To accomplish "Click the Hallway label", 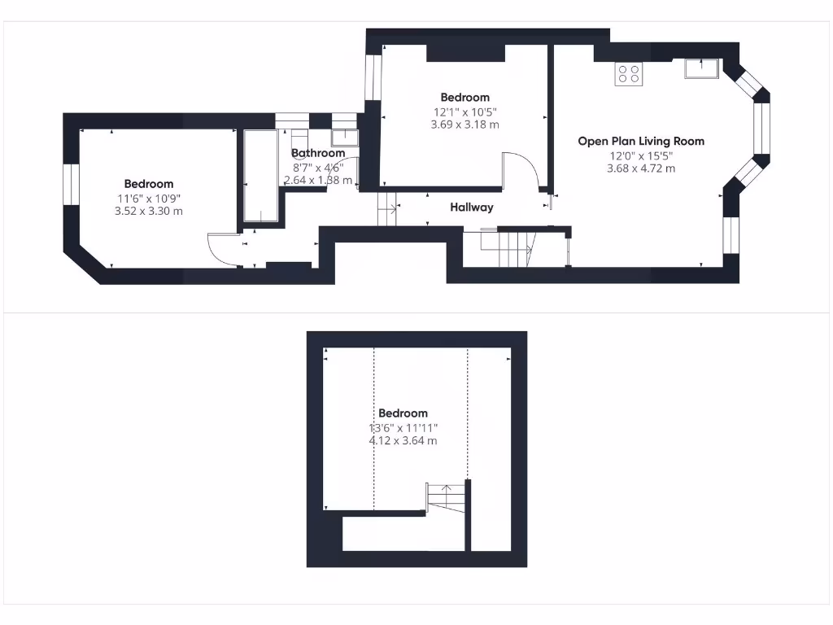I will [472, 208].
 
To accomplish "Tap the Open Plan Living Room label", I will [641, 141].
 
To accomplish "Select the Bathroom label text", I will [318, 153].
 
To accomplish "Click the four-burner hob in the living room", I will [628, 74].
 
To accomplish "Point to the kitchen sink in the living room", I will [700, 69].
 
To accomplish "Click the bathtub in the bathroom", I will [260, 176].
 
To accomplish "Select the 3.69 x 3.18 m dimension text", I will [464, 125].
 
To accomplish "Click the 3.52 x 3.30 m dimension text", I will [148, 211].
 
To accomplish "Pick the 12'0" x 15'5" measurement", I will [641, 155].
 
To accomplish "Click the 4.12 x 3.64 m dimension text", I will [403, 441].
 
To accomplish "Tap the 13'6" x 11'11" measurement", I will [403, 427].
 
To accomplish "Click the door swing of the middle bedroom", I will [521, 169].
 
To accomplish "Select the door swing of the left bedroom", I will [221, 249].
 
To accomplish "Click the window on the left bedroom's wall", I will [71, 185].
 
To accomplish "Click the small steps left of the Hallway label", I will [387, 210].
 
